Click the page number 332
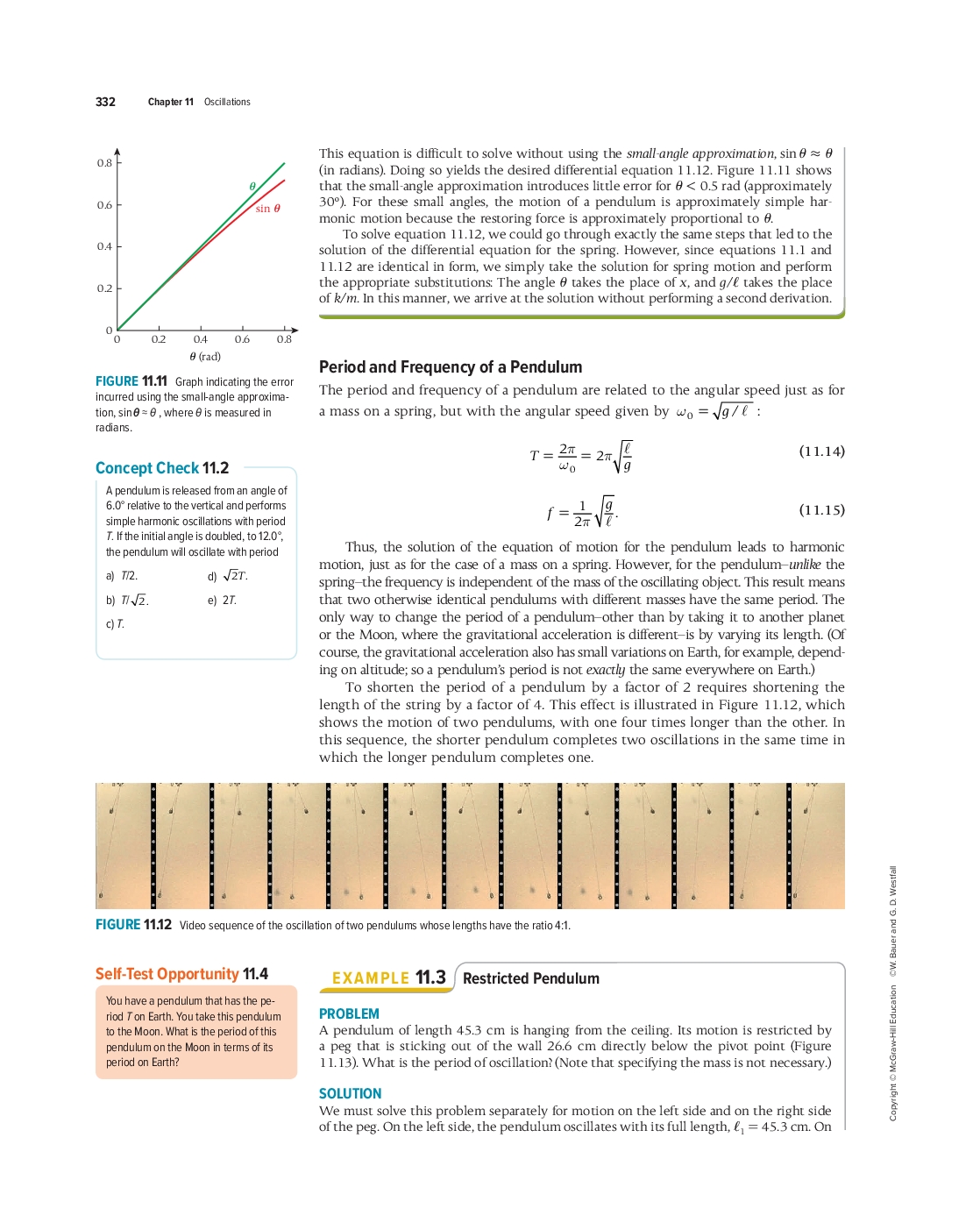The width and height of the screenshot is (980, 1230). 105,102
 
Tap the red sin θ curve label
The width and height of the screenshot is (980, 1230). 267,209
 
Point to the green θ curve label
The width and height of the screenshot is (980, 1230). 252,187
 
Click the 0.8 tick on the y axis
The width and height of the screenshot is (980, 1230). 104,163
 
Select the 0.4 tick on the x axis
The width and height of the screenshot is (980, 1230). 200,339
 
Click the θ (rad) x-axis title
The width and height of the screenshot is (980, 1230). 205,357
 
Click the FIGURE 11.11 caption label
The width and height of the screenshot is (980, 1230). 131,381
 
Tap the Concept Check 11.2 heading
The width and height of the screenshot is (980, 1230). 162,468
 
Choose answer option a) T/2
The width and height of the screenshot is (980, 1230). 122,576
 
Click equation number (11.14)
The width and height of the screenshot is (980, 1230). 821,451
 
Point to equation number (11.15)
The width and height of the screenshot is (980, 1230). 821,510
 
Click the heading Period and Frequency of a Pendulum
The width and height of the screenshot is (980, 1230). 451,367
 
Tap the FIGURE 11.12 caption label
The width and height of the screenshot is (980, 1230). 133,925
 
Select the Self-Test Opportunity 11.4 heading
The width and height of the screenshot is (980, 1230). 181,974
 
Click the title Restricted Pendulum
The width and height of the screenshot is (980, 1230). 531,978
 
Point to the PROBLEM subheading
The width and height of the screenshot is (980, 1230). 349,1013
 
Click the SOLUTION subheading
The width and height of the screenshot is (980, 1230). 350,1093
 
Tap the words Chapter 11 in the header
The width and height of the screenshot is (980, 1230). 171,102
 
